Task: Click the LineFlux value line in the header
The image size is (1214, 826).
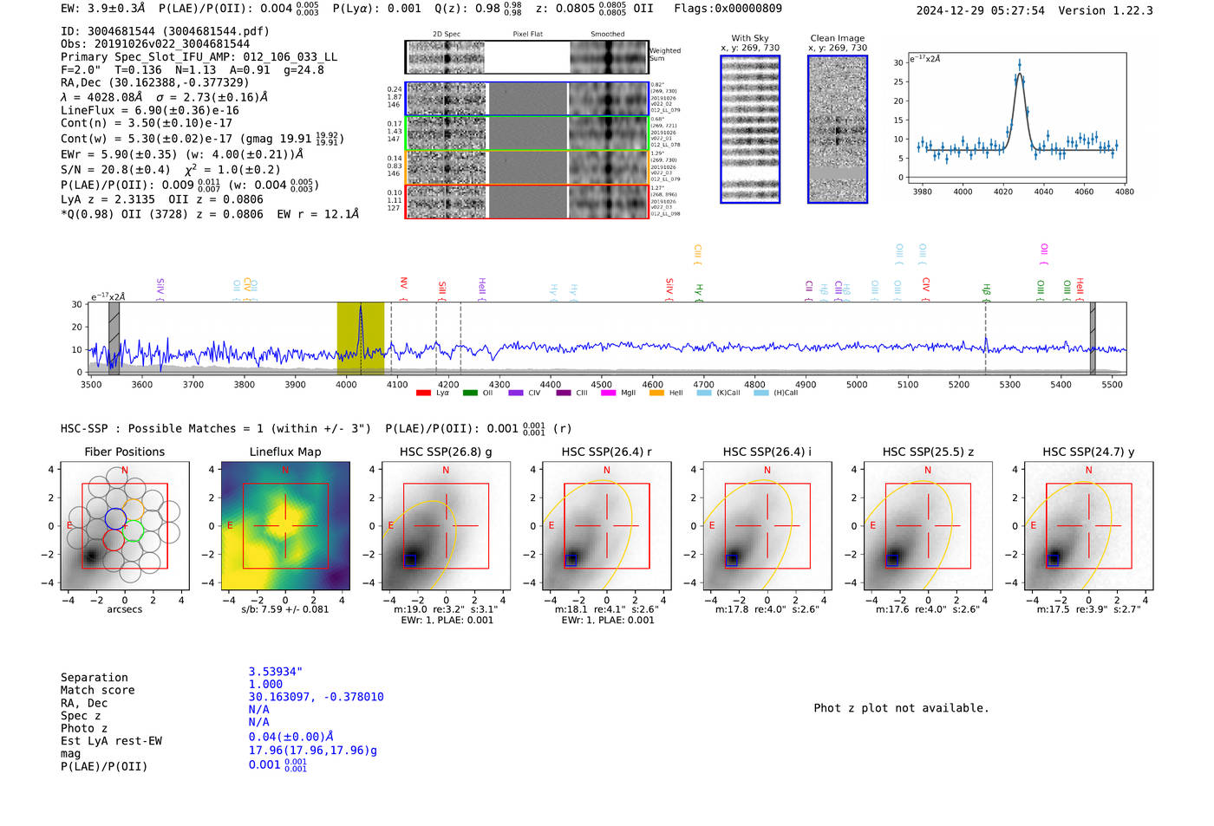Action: (149, 111)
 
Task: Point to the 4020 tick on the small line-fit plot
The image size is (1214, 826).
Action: (1003, 191)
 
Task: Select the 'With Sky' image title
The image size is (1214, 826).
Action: (749, 38)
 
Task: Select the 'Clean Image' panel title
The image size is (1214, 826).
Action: (837, 38)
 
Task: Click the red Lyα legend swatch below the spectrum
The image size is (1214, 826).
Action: (423, 393)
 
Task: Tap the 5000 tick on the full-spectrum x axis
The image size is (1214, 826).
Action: (857, 384)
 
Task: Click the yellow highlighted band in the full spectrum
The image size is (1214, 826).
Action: (360, 338)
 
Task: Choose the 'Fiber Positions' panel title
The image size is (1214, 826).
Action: (124, 452)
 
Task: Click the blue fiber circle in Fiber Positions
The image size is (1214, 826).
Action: (115, 518)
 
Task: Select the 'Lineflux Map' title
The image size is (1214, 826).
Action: (284, 452)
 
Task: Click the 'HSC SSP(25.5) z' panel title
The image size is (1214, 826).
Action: (928, 452)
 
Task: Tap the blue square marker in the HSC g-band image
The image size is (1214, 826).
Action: (410, 559)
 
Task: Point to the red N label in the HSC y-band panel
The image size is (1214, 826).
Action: (1088, 470)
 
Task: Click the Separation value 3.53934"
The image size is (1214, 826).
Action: (275, 672)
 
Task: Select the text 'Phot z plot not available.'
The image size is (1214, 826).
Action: (901, 708)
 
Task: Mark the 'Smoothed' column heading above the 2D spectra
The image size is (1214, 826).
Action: (607, 35)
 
